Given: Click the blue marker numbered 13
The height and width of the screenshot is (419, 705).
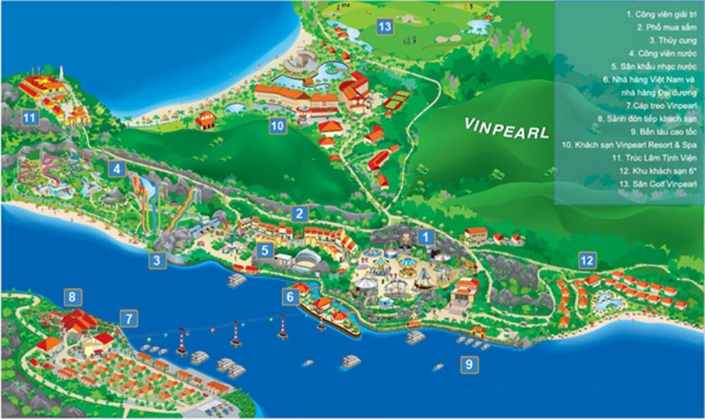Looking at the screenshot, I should [384, 27].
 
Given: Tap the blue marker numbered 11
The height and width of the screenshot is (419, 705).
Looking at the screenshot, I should [29, 118].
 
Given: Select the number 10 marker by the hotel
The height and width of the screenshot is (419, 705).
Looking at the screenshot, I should [277, 126].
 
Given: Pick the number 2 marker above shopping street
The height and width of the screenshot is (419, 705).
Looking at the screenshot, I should [299, 214].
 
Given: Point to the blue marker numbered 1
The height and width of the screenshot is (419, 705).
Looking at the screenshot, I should [425, 237].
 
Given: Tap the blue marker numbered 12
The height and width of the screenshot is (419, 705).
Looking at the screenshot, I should [587, 260].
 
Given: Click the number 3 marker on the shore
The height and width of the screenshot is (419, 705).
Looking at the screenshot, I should [157, 261].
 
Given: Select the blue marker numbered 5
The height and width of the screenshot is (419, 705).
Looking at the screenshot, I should [264, 249].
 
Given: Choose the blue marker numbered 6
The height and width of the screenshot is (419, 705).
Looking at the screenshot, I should [290, 297].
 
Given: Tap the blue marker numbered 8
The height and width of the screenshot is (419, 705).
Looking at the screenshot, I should [71, 296].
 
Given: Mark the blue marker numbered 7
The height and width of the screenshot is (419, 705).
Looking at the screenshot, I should [128, 318].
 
